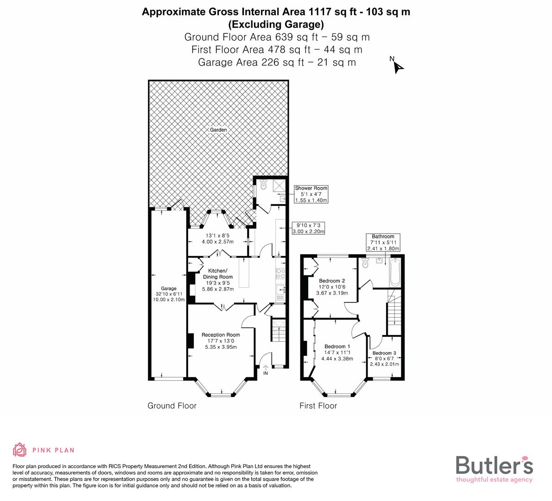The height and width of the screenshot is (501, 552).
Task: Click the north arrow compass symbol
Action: (397, 66)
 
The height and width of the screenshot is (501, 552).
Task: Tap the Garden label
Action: (218, 130)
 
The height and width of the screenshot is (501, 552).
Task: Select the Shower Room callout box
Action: (311, 194)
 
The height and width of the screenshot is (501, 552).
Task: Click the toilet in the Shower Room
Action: (264, 185)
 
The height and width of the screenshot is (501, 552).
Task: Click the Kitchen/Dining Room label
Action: (217, 274)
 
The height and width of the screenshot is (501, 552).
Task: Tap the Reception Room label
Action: (221, 334)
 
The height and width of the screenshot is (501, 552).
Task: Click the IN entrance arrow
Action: (266, 370)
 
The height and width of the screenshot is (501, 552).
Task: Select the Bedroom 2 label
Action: (332, 281)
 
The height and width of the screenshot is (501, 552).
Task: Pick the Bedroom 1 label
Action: (337, 346)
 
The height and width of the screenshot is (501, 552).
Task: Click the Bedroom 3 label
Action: (384, 353)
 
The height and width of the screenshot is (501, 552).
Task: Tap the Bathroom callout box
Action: (382, 242)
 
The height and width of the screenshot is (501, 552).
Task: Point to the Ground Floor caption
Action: (172, 406)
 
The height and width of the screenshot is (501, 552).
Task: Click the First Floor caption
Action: (318, 406)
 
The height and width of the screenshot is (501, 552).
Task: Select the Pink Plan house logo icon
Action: (20, 450)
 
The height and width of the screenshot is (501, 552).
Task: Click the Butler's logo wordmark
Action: (494, 465)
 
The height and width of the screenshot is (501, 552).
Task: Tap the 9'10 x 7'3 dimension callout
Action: (308, 228)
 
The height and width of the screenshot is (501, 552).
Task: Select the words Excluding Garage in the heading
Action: (276, 24)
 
